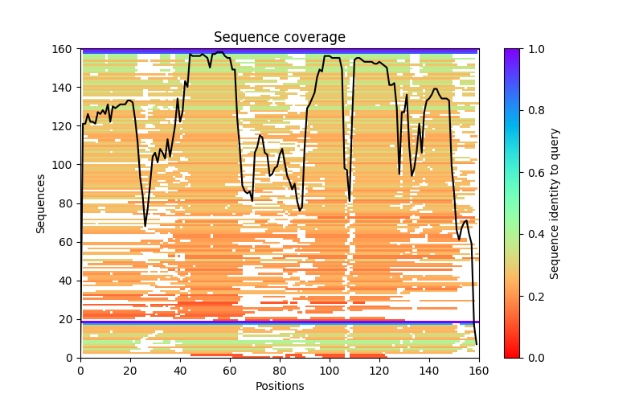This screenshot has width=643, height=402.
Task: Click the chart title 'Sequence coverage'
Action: point(280,38)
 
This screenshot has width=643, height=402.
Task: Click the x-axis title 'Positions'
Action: point(280,386)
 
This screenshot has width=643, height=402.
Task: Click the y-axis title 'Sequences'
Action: point(40,203)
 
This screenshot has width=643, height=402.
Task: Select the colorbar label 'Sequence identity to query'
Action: point(555,203)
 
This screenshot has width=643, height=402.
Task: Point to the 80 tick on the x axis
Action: point(280,358)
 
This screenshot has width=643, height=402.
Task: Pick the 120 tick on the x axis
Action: point(379,358)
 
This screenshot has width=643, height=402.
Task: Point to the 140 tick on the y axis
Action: point(80,88)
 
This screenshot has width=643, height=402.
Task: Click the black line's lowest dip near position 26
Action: point(145,226)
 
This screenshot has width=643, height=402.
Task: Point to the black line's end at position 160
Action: point(477,344)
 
